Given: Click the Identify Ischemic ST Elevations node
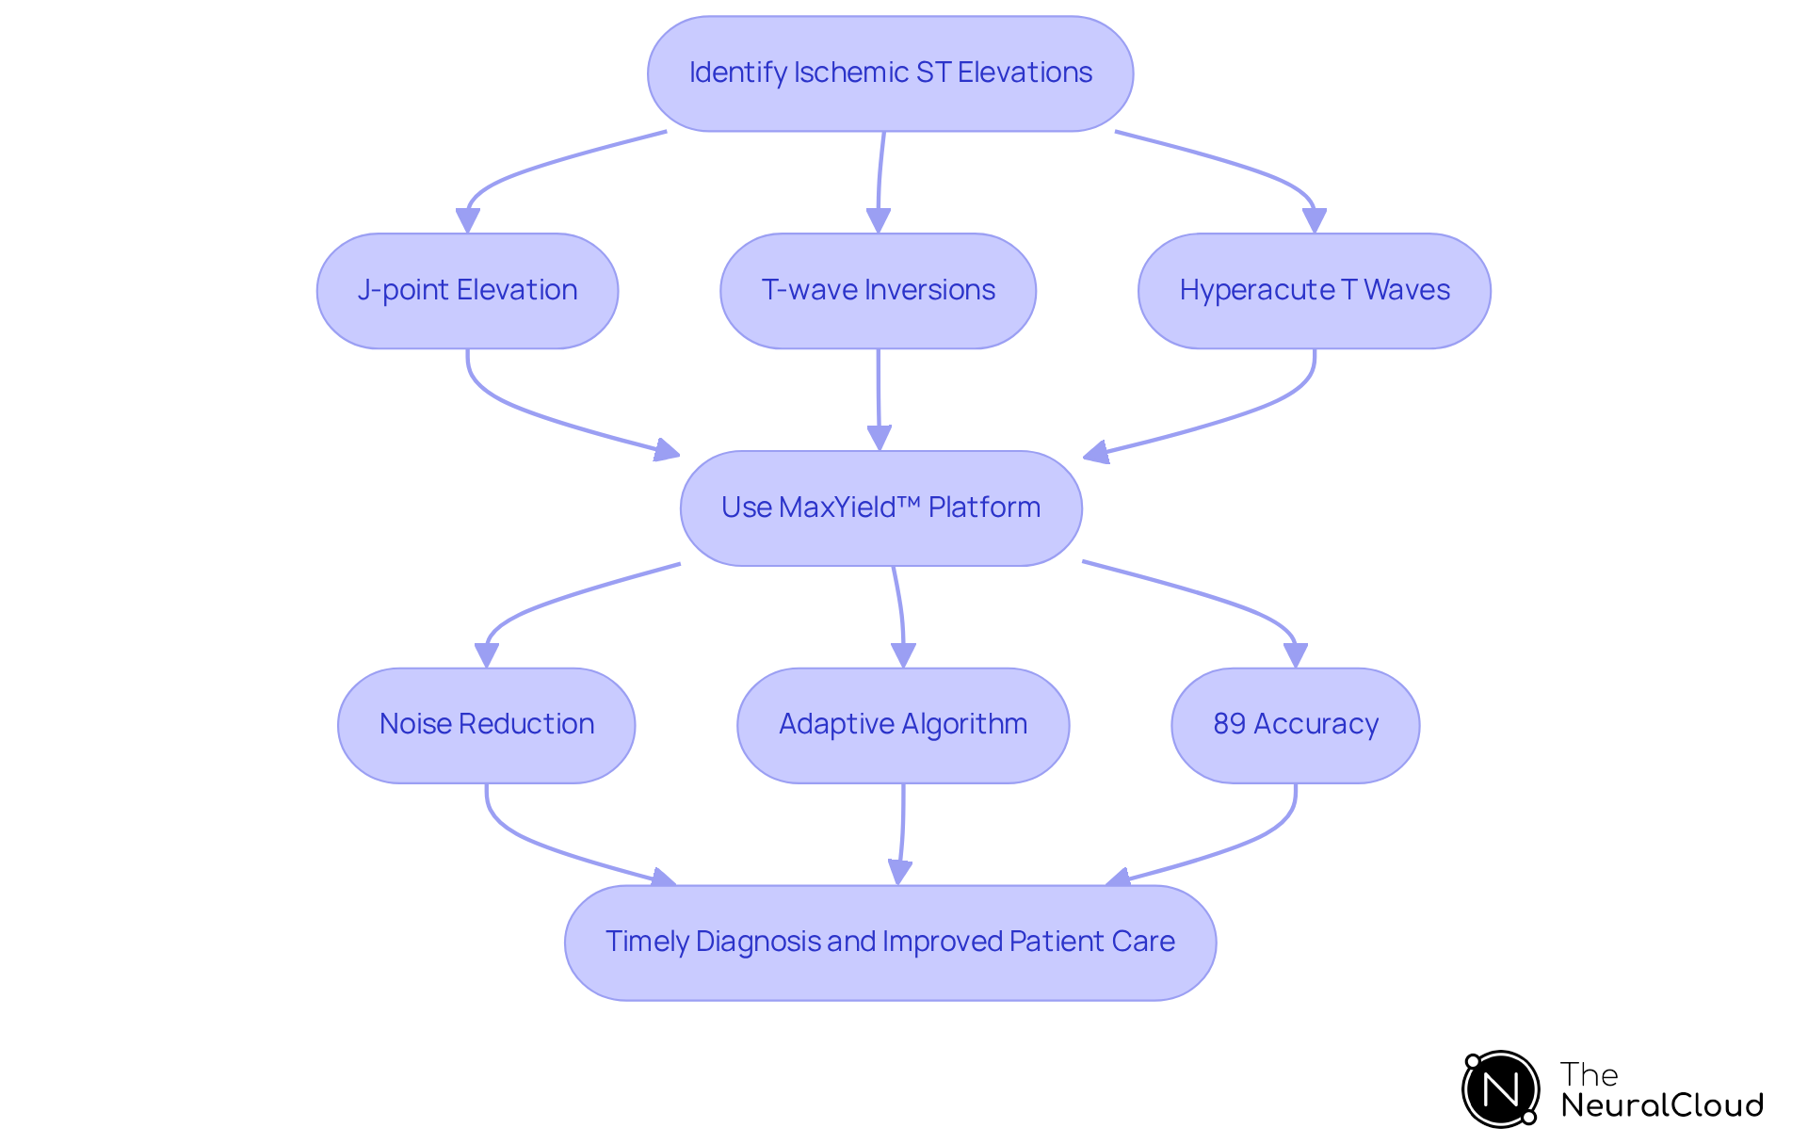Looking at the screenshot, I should pyautogui.click(x=890, y=73).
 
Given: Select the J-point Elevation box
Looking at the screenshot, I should pyautogui.click(x=467, y=291).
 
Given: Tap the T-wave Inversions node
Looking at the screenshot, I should pyautogui.click(x=878, y=291).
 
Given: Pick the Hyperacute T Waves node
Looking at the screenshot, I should pyautogui.click(x=1314, y=291).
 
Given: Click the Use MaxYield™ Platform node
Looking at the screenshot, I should pyautogui.click(x=880, y=508).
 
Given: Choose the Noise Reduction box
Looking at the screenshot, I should pyautogui.click(x=486, y=725).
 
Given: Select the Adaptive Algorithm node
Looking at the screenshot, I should pyautogui.click(x=902, y=725).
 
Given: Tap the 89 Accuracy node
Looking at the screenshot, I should pyautogui.click(x=1295, y=725).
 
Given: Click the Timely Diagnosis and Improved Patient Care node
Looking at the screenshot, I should pyautogui.click(x=890, y=943).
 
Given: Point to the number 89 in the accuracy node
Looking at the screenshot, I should pyautogui.click(x=1229, y=724).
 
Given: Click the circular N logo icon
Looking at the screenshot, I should pyautogui.click(x=1500, y=1089).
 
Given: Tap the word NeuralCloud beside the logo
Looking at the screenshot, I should pyautogui.click(x=1661, y=1105).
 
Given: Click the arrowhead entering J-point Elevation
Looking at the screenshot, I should pyautogui.click(x=467, y=220).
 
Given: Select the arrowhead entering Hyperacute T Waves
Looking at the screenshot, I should pyautogui.click(x=1314, y=220).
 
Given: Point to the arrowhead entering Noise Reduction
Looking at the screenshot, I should pyautogui.click(x=486, y=655).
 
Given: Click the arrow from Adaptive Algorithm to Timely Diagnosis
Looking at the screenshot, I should pyautogui.click(x=902, y=833).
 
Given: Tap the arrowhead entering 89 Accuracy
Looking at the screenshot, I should pyautogui.click(x=1295, y=654).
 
